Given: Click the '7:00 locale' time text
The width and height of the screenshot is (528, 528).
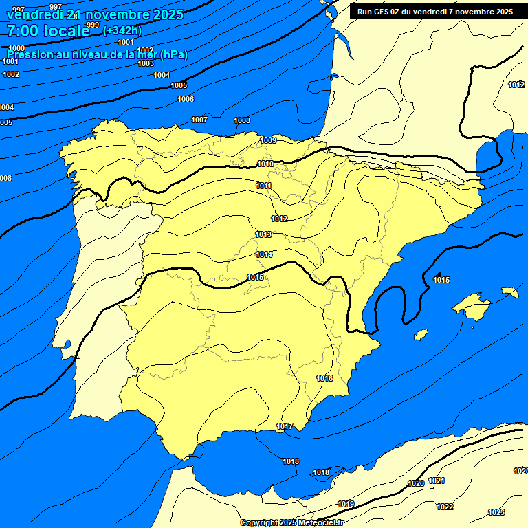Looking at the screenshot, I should pos(48,30).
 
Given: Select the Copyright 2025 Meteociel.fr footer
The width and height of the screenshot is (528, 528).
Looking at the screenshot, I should pos(292,522).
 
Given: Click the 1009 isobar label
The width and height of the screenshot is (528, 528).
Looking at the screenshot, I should pos(268,140).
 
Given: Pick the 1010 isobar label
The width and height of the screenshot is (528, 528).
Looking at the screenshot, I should pos(265,164).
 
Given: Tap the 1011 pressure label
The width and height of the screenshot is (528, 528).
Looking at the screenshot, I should pos(263,186).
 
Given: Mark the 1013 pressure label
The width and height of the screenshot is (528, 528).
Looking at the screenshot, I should pos(263,234).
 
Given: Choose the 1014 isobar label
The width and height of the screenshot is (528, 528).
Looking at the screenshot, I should pos(265,254).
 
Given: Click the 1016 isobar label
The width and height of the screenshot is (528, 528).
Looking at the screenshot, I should pos(324,378).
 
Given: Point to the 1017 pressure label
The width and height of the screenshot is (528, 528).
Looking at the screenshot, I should pos(285,426).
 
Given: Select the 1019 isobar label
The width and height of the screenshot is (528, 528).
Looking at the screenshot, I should pos(346,504).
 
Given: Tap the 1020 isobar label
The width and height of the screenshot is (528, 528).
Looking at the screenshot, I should pos(416,483).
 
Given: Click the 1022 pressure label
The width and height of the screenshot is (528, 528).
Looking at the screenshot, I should pos(445,507).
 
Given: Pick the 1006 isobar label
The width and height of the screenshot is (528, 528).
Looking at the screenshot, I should pos(186,99).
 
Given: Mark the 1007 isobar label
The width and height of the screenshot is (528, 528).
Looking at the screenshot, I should pos(199,120).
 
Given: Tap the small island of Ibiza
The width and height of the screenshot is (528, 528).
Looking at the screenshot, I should pos(421,335).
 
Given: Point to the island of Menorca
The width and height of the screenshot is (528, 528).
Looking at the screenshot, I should pos(509,291).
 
